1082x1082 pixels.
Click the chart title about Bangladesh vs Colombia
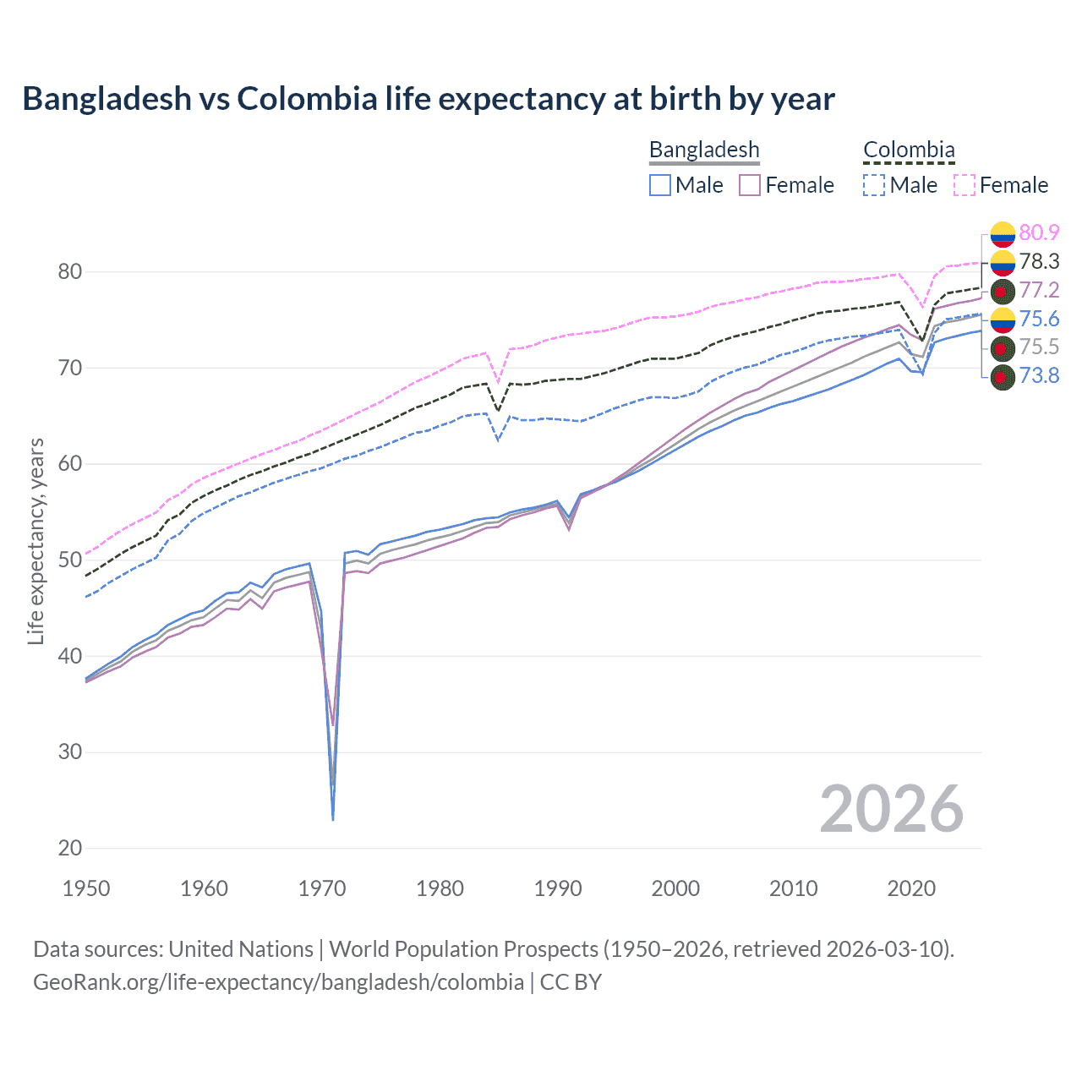429,99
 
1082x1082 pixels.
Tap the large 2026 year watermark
891,809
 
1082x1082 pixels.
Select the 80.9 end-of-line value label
1039,232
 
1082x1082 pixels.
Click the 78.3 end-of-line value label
1039,261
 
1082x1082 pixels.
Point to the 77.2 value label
1039,290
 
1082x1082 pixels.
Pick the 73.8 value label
1039,375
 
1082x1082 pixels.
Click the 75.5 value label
1039,347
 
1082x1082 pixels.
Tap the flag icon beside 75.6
1003,319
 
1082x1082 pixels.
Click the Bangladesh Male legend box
660,185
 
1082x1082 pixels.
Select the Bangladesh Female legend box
750,185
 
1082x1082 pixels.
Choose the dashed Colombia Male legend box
874,185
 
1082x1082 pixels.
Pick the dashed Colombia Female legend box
965,185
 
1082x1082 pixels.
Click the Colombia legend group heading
909,150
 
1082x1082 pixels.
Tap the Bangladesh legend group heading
704,150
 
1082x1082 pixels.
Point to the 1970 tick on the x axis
322,888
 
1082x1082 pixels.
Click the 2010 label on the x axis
793,888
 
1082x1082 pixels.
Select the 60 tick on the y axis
70,464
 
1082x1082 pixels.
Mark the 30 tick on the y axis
70,752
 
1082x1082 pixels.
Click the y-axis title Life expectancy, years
36,541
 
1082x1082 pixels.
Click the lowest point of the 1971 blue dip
333,819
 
